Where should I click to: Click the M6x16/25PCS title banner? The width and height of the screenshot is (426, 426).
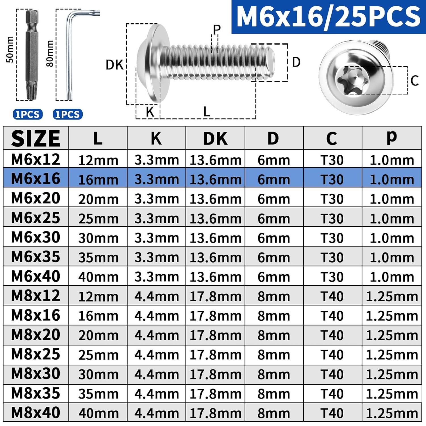(329, 17)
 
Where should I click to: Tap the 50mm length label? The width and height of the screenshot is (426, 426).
(10, 49)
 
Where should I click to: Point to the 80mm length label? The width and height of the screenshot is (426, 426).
(49, 53)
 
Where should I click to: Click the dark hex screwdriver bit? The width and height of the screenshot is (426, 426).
(32, 55)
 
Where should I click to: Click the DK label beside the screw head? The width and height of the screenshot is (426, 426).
(114, 65)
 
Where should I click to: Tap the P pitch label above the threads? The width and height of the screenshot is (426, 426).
(217, 30)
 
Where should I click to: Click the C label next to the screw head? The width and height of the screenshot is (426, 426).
(415, 81)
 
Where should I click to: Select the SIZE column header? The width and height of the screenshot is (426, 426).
(36, 139)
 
